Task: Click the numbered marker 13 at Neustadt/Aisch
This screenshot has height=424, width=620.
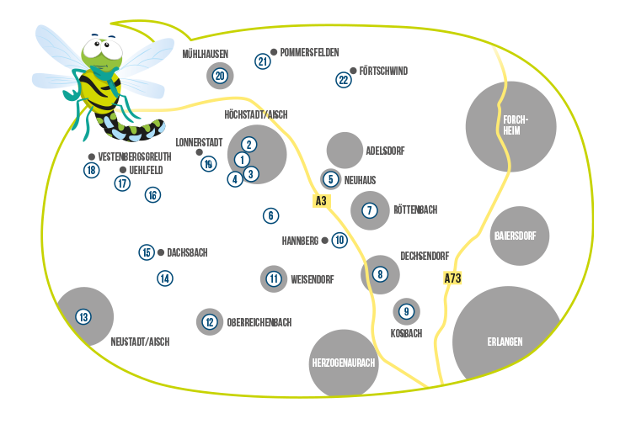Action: pyautogui.click(x=83, y=317)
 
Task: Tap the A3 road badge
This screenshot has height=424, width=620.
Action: pyautogui.click(x=320, y=201)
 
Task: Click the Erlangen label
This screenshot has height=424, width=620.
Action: pyautogui.click(x=505, y=342)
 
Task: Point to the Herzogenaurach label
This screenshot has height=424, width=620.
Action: pyautogui.click(x=343, y=363)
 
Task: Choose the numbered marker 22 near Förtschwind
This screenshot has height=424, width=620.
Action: pyautogui.click(x=343, y=80)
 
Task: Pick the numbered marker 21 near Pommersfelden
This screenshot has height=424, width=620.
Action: pyautogui.click(x=263, y=61)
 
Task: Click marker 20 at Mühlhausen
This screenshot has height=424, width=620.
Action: pyautogui.click(x=220, y=76)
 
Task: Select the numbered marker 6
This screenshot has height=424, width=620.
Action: pyautogui.click(x=270, y=215)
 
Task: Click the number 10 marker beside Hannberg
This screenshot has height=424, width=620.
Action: pyautogui.click(x=339, y=240)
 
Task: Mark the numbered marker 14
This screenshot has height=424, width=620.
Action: pyautogui.click(x=165, y=278)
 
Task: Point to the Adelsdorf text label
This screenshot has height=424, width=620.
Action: pyautogui.click(x=385, y=151)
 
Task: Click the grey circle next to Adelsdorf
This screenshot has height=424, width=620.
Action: pyautogui.click(x=344, y=150)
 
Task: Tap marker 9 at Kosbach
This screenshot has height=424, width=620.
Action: pyautogui.click(x=406, y=311)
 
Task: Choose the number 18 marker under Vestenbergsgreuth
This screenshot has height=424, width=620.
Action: pyautogui.click(x=92, y=170)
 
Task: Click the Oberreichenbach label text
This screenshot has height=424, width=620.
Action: pyautogui.click(x=259, y=322)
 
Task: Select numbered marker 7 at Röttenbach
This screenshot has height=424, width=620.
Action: pyautogui.click(x=369, y=210)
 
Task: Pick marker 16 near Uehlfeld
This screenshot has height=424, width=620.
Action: pyautogui.click(x=152, y=195)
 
